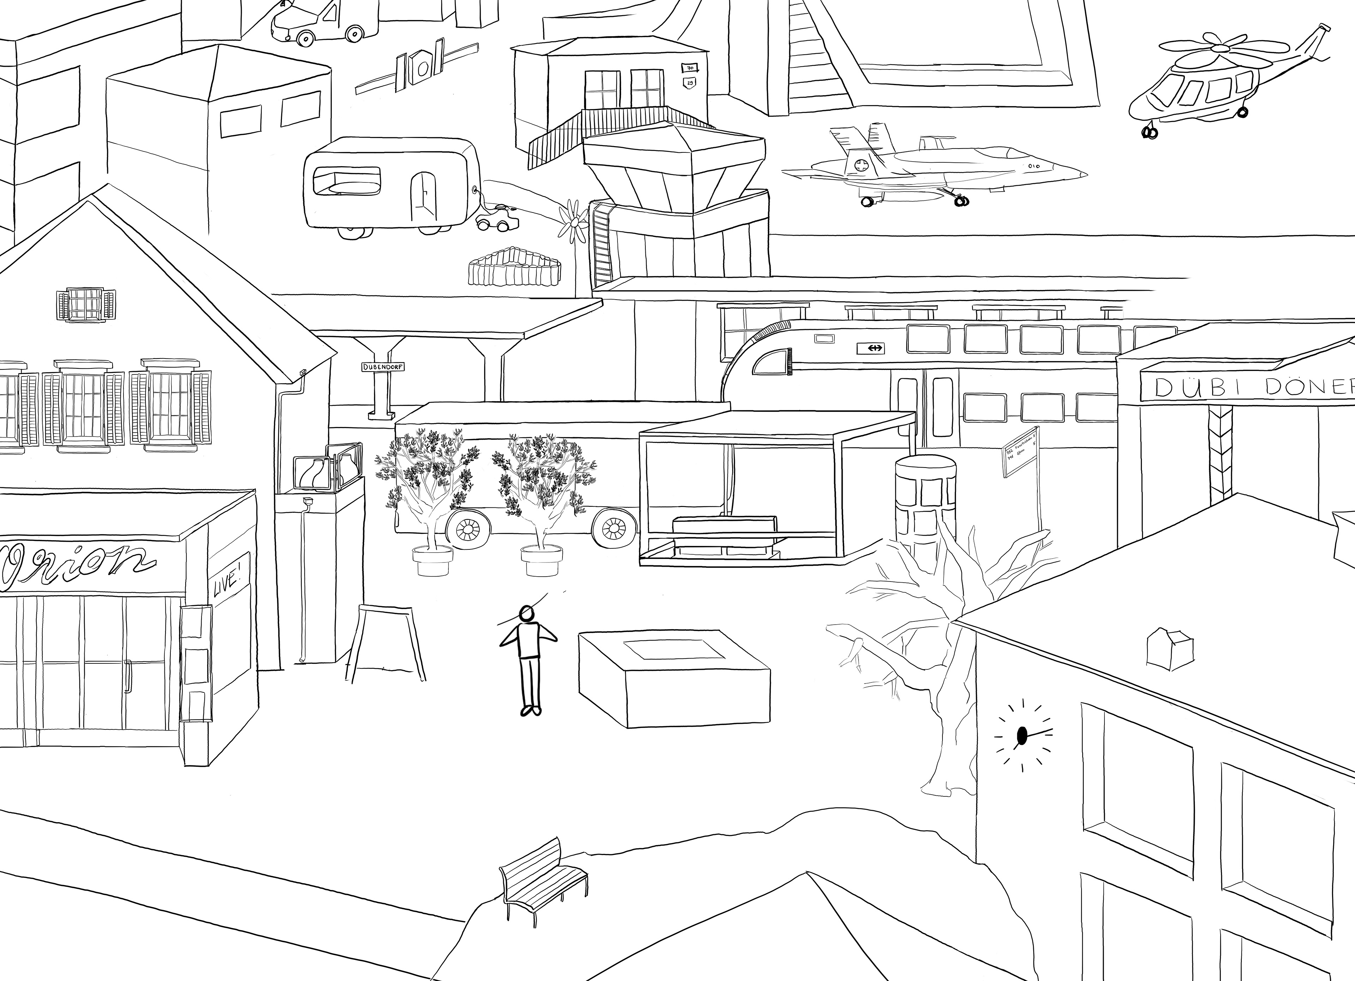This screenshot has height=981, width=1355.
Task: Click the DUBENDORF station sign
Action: coord(383,366)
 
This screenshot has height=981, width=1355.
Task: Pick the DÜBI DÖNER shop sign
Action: coord(1249,388)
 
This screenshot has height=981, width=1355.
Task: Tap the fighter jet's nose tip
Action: coord(1084,174)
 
